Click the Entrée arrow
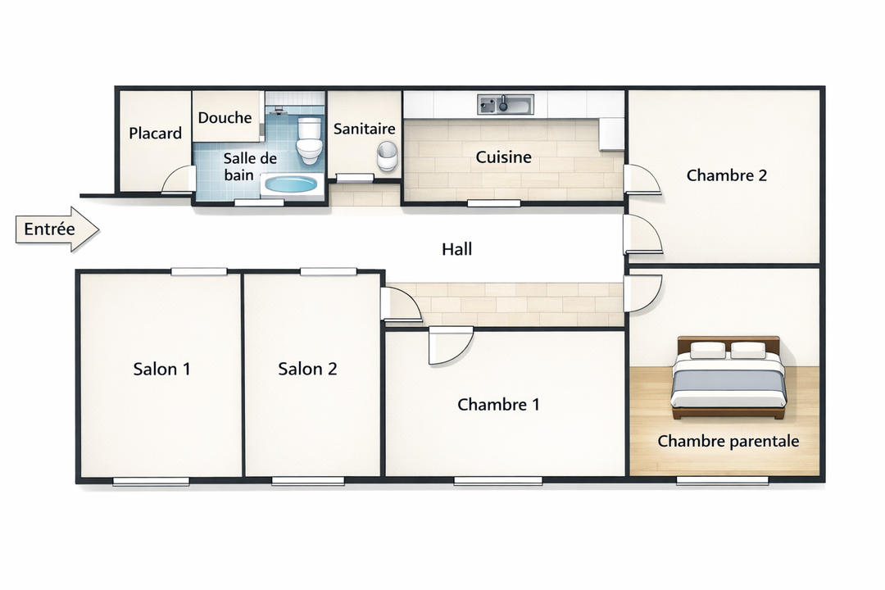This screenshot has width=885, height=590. click(x=57, y=229)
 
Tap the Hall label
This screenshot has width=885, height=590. click(x=456, y=249)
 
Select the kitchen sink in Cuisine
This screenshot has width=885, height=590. click(x=505, y=104)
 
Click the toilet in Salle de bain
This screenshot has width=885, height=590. click(x=309, y=140)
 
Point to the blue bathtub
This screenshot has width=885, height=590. click(x=291, y=184)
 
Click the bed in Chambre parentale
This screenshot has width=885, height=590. click(x=728, y=378)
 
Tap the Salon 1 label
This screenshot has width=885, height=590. click(x=161, y=369)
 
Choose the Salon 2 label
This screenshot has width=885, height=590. click(x=307, y=369)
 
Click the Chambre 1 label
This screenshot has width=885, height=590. click(x=498, y=404)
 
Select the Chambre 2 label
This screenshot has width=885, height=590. click(x=726, y=175)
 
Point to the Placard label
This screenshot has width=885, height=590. click(x=155, y=134)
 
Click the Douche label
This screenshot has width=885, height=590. click(x=225, y=117)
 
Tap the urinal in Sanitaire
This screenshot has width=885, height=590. click(x=387, y=156)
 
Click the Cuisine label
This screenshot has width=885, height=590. click(x=503, y=157)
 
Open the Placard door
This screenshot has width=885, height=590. click(x=178, y=179)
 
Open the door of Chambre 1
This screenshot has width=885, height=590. click(x=450, y=346)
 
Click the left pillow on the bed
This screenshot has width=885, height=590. click(x=708, y=350)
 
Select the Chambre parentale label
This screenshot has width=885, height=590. click(x=728, y=441)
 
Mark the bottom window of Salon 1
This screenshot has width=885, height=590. click(x=152, y=482)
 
